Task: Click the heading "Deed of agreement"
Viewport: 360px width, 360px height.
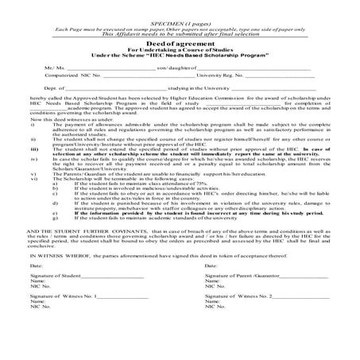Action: [179, 45]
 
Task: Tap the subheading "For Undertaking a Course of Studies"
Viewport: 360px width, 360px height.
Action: [179, 52]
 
